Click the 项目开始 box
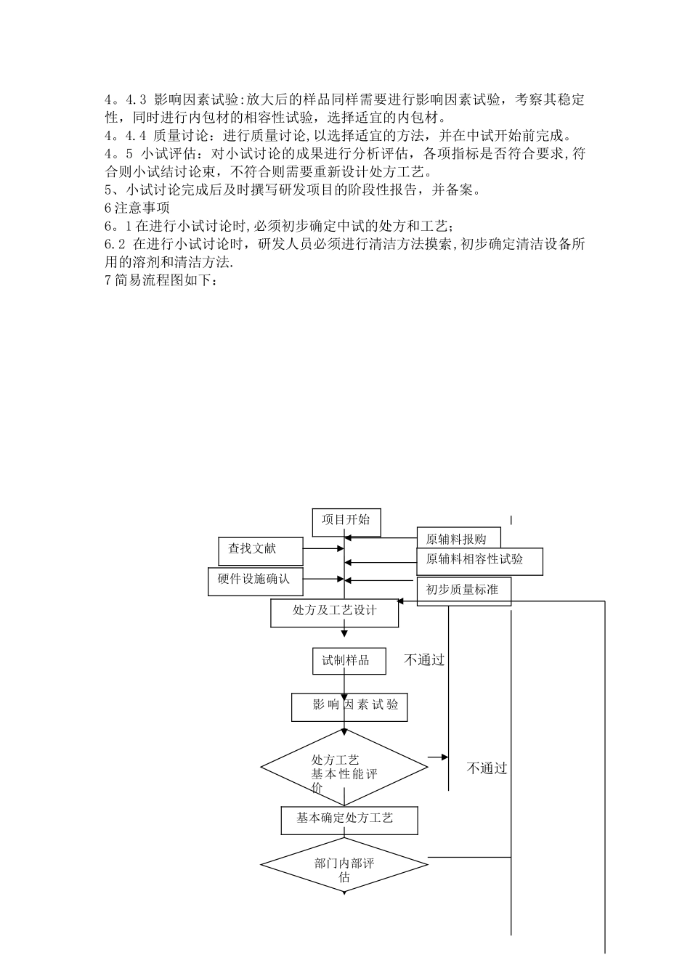tap(346, 521)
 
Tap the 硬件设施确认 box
tap(254, 580)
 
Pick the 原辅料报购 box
tap(459, 539)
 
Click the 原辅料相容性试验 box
tap(479, 560)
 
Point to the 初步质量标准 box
tap(463, 590)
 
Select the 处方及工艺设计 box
tap(335, 611)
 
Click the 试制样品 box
tap(346, 661)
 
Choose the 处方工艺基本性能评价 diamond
tap(344, 767)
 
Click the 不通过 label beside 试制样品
tap(424, 660)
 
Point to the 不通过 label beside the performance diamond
tap(487, 768)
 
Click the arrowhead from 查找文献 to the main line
tap(341, 549)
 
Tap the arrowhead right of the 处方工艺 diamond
tap(444, 757)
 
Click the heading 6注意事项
tap(137, 208)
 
